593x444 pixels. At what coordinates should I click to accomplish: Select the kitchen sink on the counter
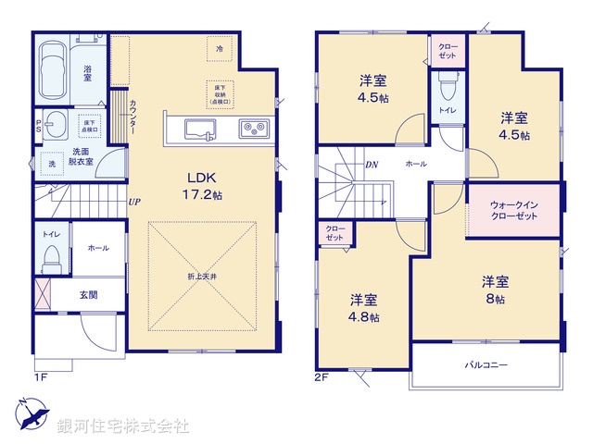[x=201, y=128]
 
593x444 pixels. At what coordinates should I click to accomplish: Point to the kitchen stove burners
[x=253, y=128]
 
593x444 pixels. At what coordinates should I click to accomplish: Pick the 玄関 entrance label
[x=88, y=295]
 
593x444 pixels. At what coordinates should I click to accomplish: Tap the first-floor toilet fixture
[x=53, y=255]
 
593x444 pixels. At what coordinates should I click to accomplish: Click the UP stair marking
[x=134, y=202]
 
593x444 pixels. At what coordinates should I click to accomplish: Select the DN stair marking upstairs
[x=371, y=166]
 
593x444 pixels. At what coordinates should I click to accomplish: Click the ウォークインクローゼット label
[x=515, y=209]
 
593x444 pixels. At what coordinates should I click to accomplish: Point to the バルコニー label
[x=486, y=365]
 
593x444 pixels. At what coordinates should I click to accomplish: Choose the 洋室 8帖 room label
[x=493, y=290]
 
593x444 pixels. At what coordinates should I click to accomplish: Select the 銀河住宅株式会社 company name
[x=123, y=426]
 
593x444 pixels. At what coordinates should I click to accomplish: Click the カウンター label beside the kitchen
[x=133, y=118]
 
